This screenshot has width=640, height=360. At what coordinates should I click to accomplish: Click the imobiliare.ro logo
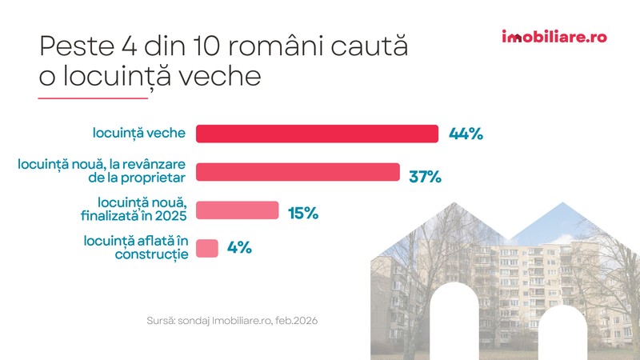554,37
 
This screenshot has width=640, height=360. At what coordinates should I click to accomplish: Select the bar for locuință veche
317,134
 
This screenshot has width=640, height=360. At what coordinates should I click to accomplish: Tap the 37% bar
298,172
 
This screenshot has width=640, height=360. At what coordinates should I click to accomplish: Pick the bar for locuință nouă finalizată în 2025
237,210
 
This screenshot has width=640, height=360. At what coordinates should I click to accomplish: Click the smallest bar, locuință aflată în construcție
207,248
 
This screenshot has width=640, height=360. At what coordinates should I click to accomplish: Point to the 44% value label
466,134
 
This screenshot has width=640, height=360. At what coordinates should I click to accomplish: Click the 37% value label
426,177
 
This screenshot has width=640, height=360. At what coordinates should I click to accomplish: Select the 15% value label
303,213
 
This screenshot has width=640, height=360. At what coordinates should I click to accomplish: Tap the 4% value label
239,247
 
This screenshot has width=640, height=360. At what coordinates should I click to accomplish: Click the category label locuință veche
138,133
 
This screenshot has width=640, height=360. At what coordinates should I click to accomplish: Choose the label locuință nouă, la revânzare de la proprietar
102,171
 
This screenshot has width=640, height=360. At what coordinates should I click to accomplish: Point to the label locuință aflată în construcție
136,247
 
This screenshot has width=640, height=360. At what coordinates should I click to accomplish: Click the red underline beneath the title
93,98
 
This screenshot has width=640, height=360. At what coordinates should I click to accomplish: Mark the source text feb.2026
296,321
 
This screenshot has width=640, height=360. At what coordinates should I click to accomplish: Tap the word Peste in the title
77,46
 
